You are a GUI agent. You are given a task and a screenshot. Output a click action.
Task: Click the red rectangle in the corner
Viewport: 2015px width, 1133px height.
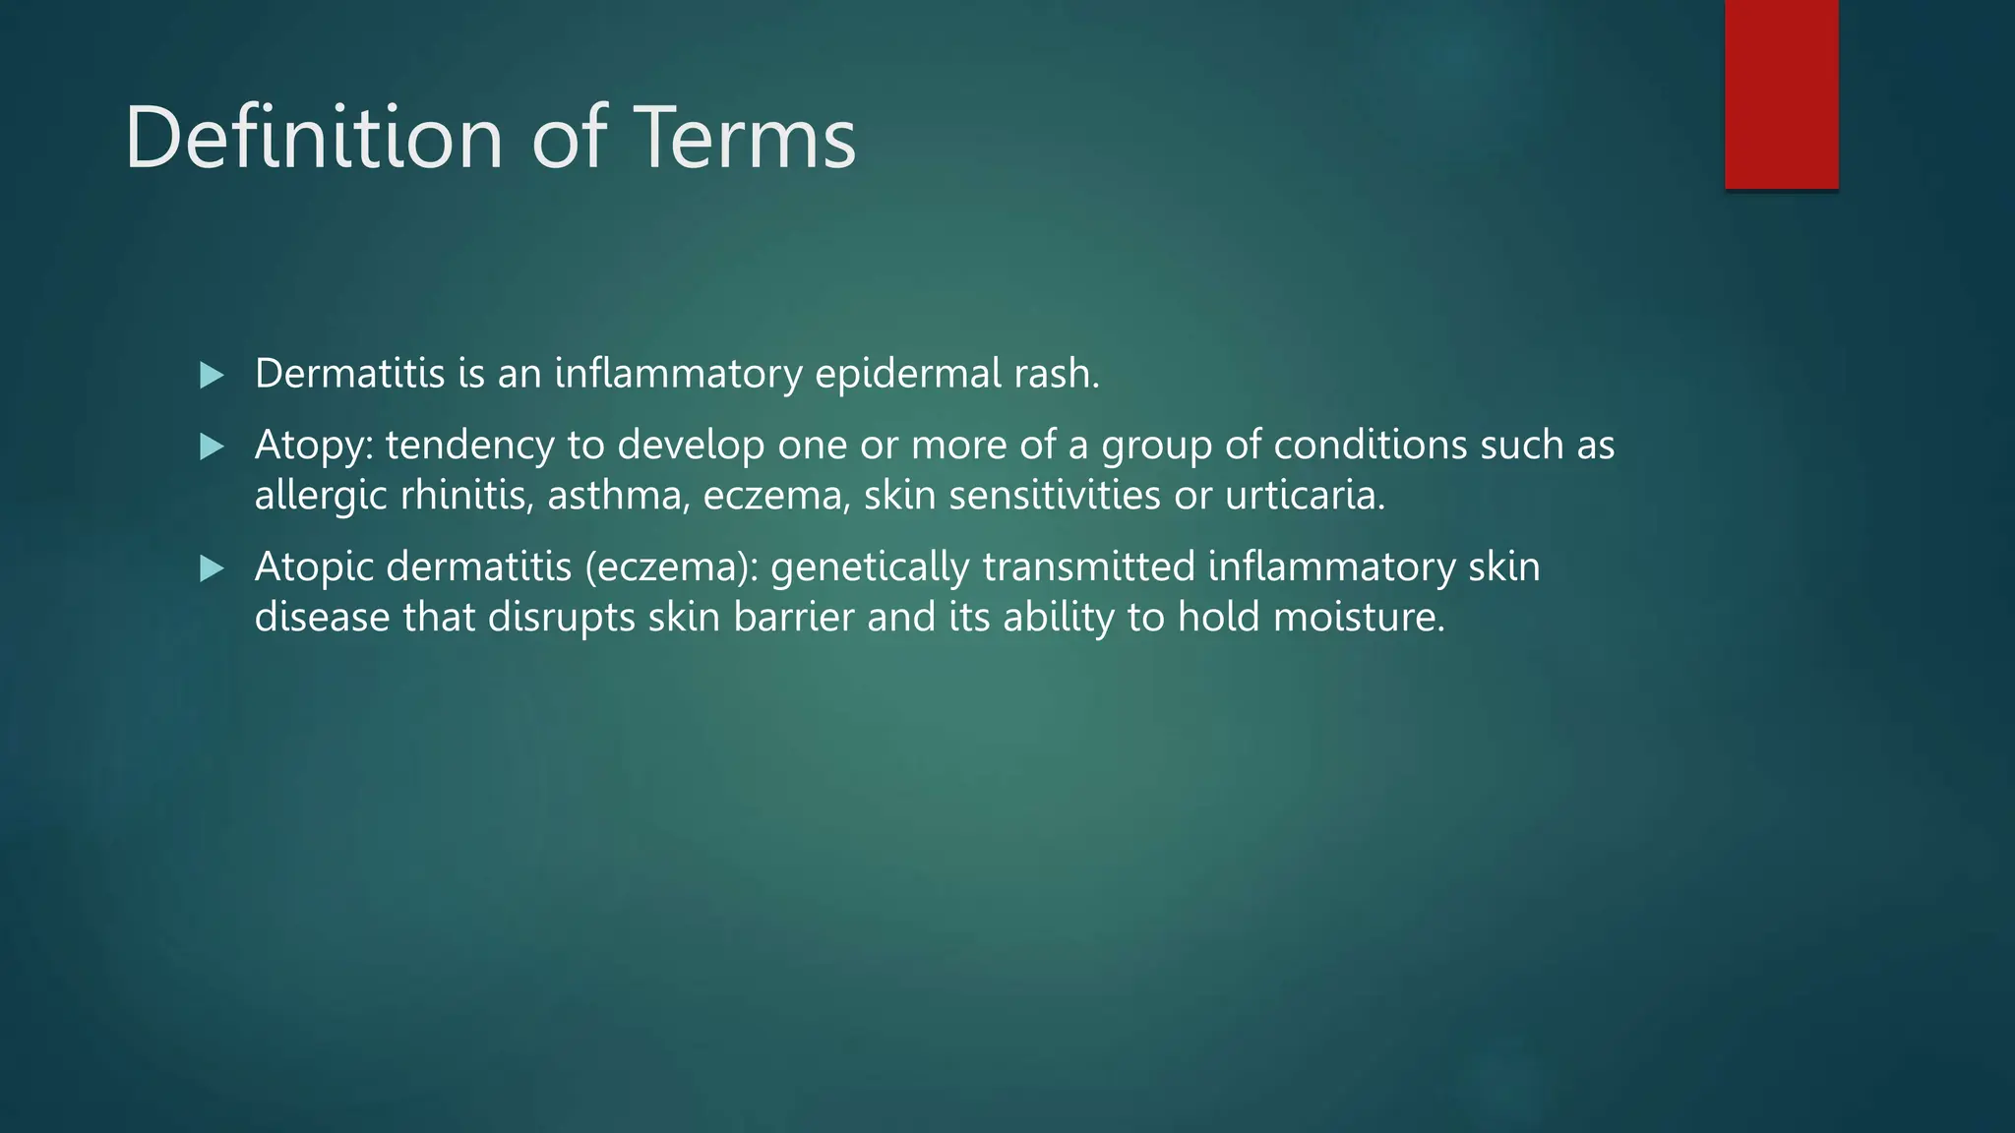point(1781,93)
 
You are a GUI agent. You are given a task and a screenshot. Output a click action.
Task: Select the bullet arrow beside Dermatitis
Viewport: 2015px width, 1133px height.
point(212,375)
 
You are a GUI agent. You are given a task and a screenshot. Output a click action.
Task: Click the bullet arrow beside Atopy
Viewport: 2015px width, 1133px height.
point(212,447)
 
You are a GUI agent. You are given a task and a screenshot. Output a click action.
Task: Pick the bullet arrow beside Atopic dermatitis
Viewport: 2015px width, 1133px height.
point(212,568)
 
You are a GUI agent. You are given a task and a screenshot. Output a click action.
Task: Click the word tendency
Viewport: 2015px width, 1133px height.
point(469,447)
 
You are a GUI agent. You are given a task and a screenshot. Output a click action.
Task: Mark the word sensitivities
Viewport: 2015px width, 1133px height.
point(1054,495)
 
